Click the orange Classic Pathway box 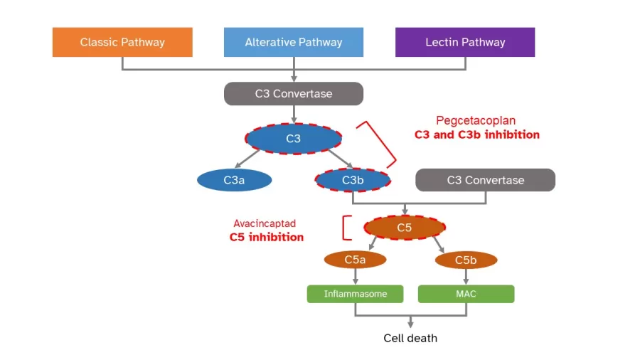(122, 42)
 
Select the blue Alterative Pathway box (293, 42)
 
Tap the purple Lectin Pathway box (465, 42)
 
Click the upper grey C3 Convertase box (293, 93)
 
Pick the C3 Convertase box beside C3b (485, 180)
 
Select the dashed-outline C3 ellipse (293, 139)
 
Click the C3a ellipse (234, 180)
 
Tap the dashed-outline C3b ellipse (353, 180)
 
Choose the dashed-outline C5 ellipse (404, 228)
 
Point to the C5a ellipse (355, 260)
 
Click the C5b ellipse (466, 260)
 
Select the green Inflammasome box (355, 294)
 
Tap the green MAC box (466, 294)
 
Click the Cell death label (410, 338)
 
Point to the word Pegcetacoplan (476, 121)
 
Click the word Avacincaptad (266, 223)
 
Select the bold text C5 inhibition (266, 237)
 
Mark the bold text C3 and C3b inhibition (476, 134)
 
